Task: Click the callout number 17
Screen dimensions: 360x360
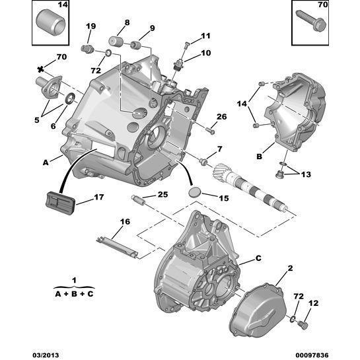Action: (98, 197)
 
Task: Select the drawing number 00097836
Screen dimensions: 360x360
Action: (336, 354)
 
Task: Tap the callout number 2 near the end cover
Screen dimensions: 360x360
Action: (289, 268)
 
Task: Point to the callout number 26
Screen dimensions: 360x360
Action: (221, 117)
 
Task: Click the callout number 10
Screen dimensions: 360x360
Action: (205, 53)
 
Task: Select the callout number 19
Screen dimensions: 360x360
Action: (91, 26)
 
